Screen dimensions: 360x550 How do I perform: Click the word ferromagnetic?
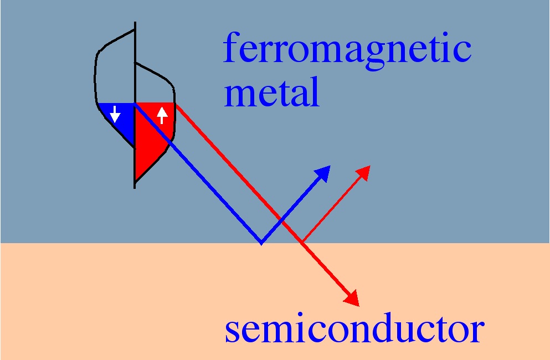(347, 50)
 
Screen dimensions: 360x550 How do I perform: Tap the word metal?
(272, 92)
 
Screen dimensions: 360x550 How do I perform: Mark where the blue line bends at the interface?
(261, 243)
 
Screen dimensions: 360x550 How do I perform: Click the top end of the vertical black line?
(135, 23)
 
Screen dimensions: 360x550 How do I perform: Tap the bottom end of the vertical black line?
(135, 187)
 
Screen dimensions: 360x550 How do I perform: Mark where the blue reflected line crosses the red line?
(282, 220)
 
